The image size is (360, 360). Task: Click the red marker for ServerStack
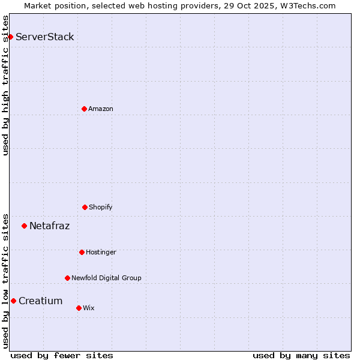10,37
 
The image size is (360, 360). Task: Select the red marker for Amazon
84,109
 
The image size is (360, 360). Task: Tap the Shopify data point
85,207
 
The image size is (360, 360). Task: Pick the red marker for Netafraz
24,226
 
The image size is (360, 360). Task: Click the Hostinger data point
82,252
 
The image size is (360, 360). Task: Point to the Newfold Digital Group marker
67,278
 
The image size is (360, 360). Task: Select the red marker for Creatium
13,301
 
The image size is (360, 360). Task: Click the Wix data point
79,308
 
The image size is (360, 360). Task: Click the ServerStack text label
45,37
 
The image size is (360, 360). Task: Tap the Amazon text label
101,109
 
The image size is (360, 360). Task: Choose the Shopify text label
101,207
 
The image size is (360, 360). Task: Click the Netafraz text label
50,226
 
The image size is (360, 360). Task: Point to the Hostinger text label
101,252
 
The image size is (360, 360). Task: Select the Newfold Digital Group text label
106,278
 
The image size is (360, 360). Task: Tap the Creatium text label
41,301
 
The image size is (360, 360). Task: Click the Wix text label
89,308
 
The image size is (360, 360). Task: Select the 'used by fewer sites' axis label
62,355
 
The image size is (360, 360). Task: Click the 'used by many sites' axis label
301,355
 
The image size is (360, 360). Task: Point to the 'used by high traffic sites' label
6,85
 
